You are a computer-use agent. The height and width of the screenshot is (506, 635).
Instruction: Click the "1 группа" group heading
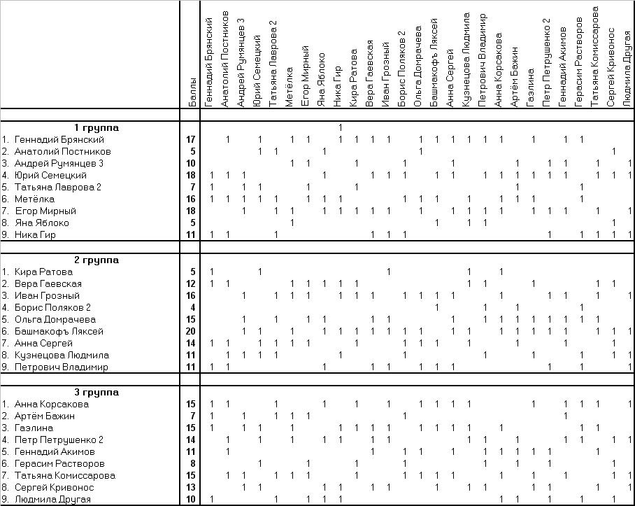pos(97,127)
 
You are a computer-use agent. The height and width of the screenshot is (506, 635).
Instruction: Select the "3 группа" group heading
pos(97,392)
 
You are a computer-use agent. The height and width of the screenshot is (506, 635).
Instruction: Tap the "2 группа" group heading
pos(97,260)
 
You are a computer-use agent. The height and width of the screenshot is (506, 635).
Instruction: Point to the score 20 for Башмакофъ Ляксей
pos(190,332)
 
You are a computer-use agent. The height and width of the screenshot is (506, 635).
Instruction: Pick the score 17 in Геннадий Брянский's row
pos(190,140)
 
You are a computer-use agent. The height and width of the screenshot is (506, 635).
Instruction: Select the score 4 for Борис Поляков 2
pos(193,307)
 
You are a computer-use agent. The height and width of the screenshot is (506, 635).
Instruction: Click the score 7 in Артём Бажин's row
pos(193,416)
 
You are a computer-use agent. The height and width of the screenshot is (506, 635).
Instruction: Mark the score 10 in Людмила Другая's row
pos(190,499)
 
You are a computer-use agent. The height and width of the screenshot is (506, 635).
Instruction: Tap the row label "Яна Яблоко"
pos(42,223)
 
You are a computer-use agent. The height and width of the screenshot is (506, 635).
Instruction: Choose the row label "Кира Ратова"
pos(43,272)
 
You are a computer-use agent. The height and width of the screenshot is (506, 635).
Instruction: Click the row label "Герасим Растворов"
pos(59,463)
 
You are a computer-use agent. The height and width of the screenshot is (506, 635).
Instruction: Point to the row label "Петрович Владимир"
pos(61,367)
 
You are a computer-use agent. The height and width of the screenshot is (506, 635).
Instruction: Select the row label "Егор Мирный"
pos(45,211)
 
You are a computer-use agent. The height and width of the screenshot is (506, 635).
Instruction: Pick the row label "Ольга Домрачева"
pos(55,320)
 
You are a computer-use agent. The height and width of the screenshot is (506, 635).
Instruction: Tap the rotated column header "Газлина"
pos(530,88)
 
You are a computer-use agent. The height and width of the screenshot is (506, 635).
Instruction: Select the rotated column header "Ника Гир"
pos(337,87)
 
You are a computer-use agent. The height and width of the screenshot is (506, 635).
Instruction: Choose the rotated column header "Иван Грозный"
pos(385,75)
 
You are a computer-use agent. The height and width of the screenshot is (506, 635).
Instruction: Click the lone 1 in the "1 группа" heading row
pos(340,127)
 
